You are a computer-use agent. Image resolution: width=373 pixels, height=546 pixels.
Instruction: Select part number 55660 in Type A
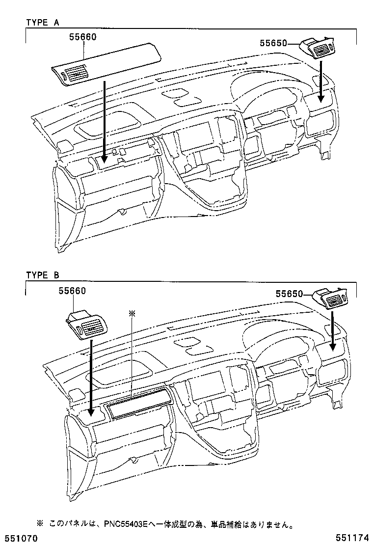pos(82,37)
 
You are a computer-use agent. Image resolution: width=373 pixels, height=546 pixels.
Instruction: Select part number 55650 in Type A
pos(273,44)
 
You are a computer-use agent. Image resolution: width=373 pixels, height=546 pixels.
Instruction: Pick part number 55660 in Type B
pos(72,291)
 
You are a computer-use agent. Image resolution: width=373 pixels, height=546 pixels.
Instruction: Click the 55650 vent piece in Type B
pos(331,299)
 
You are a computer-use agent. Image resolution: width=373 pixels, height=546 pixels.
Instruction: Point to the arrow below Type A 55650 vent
pos(321,81)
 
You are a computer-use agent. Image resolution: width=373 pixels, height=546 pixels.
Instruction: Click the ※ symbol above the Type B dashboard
pos(131,313)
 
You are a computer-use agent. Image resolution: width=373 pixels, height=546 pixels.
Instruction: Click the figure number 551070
pos(20,539)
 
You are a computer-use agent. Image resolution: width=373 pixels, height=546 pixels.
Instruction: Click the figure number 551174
pos(352,539)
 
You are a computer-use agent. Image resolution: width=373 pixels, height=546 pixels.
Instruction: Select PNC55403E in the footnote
pos(125,524)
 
